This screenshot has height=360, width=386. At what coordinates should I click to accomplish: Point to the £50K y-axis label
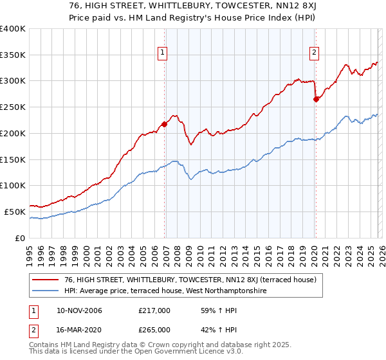tap(15, 212)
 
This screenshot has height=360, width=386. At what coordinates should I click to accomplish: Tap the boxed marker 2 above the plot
tap(314, 53)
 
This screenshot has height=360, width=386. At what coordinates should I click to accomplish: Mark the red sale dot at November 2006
tap(165, 124)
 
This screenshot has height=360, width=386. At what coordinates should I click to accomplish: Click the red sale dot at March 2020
tap(316, 99)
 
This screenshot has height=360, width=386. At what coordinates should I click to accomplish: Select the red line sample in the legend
tap(46, 280)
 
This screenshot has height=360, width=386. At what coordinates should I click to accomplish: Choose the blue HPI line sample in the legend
tap(46, 291)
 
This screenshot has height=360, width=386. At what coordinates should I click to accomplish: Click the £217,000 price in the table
tap(154, 310)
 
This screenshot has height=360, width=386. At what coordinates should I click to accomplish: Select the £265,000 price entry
tap(154, 329)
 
